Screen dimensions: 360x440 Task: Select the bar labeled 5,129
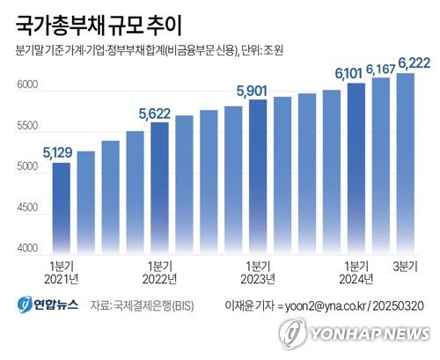tap(62, 207)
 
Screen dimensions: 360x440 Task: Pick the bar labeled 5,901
tap(258, 175)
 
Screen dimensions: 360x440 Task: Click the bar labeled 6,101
tap(356, 166)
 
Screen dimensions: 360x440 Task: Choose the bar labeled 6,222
tap(405, 162)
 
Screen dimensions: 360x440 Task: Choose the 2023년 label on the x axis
tap(257, 279)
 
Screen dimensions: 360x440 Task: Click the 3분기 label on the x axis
tap(405, 265)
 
